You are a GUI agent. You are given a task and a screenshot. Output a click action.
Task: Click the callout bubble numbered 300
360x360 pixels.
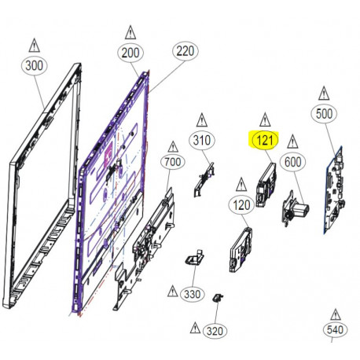(x=35, y=68)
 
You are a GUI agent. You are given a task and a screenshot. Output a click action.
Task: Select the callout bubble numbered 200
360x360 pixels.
(x=130, y=53)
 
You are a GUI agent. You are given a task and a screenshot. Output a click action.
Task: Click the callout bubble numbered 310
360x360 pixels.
(x=202, y=141)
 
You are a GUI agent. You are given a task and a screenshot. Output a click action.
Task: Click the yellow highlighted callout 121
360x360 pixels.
(x=263, y=141)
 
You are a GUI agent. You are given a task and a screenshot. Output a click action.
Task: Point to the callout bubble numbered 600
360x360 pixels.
(x=293, y=161)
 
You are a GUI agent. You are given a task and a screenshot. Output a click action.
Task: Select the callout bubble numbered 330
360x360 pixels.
(x=192, y=294)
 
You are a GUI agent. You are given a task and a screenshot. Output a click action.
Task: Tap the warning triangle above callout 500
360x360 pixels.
(x=324, y=90)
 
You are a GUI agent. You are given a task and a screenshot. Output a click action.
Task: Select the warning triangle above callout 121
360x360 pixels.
(x=263, y=118)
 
